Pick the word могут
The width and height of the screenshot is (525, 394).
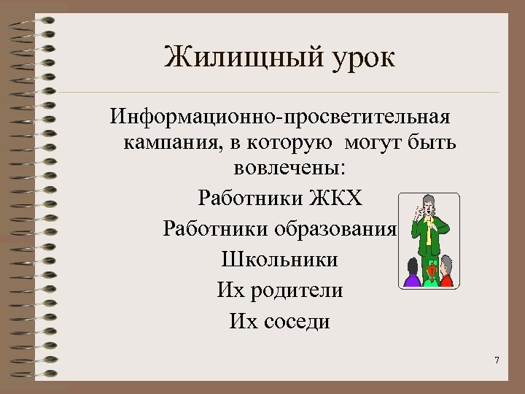(x=371, y=142)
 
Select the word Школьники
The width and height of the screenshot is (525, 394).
(x=279, y=259)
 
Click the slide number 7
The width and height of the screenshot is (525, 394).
(x=497, y=360)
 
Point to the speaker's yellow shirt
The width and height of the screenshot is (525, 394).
(x=430, y=231)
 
